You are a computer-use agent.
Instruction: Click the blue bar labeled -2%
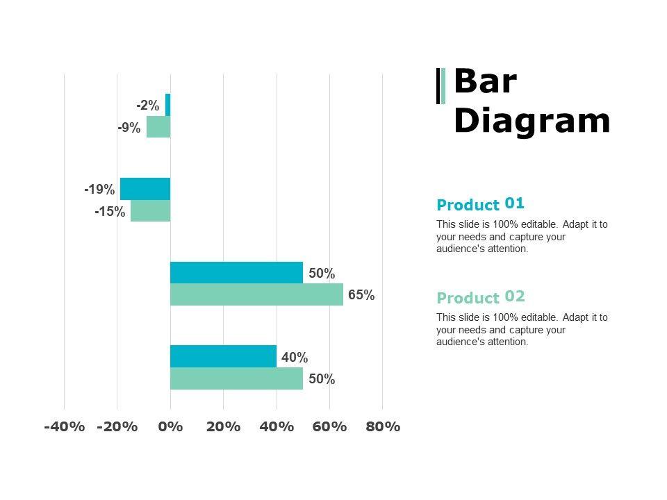pyautogui.click(x=168, y=105)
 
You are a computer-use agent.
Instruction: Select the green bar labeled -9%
pyautogui.click(x=158, y=127)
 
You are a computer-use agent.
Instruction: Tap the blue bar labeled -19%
pyautogui.click(x=145, y=189)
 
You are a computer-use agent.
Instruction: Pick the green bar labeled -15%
pyautogui.click(x=151, y=211)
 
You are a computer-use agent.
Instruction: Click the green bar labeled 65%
pyautogui.click(x=256, y=294)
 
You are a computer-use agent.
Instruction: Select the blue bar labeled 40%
pyautogui.click(x=223, y=356)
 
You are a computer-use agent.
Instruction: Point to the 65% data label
pyautogui.click(x=361, y=295)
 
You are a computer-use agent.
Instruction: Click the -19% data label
pyautogui.click(x=99, y=190)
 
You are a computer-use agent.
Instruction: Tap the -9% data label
pyautogui.click(x=129, y=128)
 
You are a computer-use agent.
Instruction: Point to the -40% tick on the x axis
pyautogui.click(x=64, y=426)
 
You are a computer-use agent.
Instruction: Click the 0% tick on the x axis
pyautogui.click(x=170, y=426)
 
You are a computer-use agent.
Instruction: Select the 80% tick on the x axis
pyautogui.click(x=383, y=426)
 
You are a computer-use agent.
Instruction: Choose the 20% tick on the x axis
pyautogui.click(x=223, y=426)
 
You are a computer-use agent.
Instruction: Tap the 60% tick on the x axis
pyautogui.click(x=329, y=426)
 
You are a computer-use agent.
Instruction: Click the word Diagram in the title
pyautogui.click(x=532, y=121)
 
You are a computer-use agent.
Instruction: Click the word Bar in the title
pyautogui.click(x=485, y=82)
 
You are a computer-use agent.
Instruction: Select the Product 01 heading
pyautogui.click(x=480, y=204)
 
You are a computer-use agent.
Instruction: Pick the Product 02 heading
pyautogui.click(x=480, y=297)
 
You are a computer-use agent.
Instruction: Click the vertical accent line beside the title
pyautogui.click(x=440, y=86)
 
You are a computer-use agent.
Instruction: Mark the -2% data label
pyautogui.click(x=148, y=106)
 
